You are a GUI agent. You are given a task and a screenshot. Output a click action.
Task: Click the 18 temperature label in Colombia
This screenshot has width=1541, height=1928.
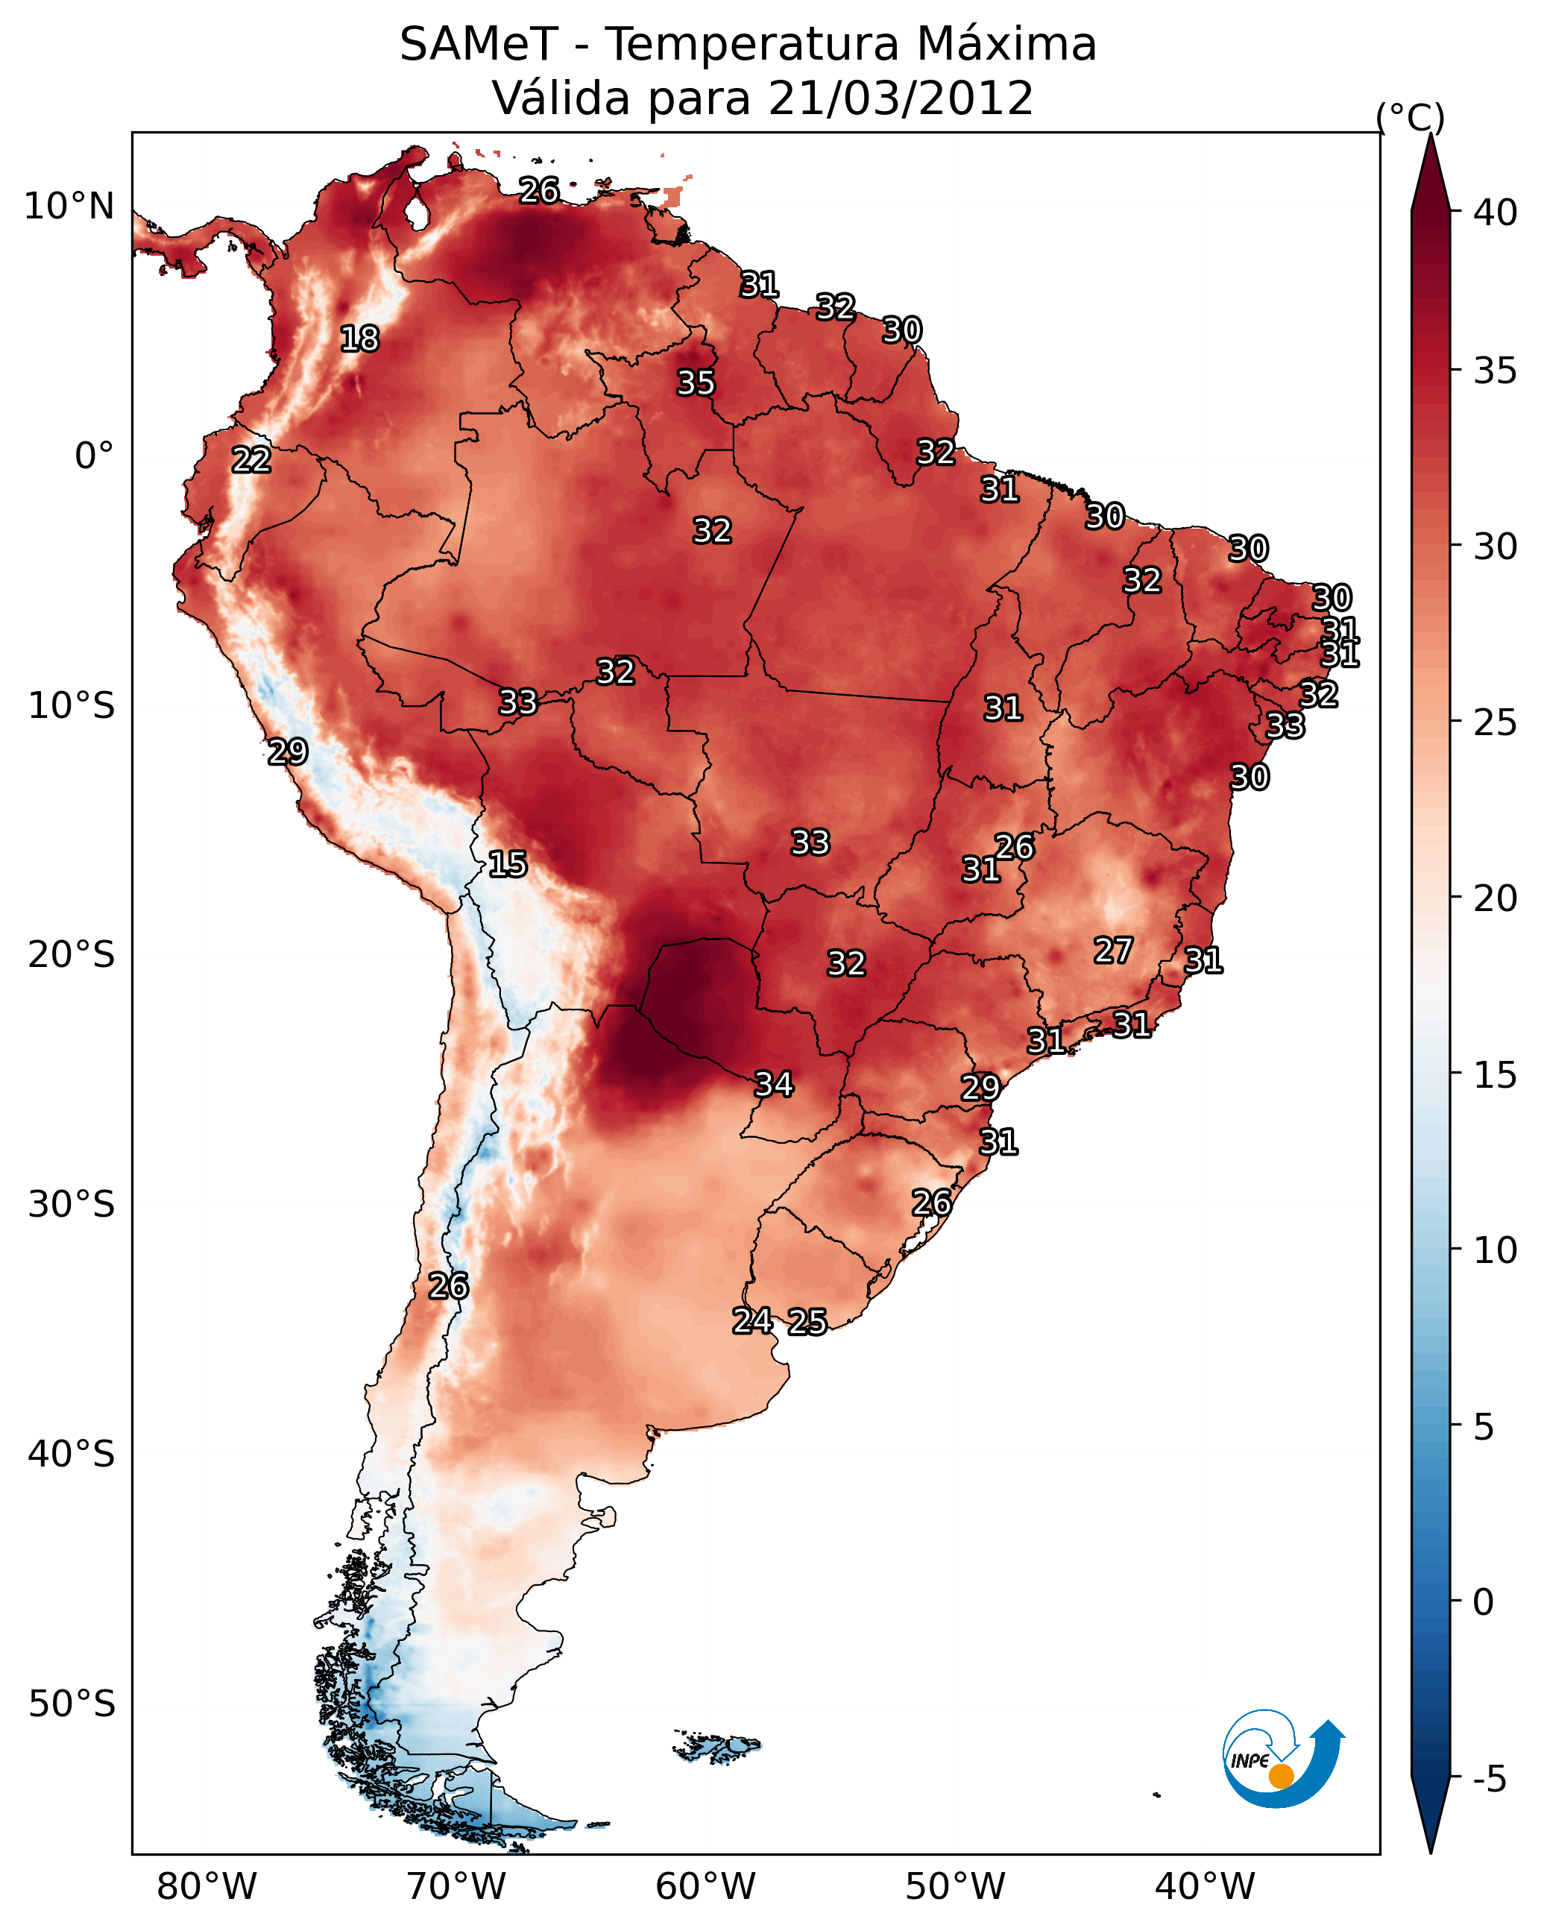pyautogui.click(x=359, y=339)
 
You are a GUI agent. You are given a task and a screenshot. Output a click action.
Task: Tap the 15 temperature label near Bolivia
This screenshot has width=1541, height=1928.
pyautogui.click(x=507, y=864)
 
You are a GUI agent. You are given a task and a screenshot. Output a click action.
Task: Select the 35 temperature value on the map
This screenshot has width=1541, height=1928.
pyautogui.click(x=696, y=382)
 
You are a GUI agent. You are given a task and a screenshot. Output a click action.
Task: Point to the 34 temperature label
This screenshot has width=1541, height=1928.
pyautogui.click(x=774, y=1084)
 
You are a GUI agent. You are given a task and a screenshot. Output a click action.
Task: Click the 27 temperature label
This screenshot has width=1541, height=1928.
pyautogui.click(x=1114, y=951)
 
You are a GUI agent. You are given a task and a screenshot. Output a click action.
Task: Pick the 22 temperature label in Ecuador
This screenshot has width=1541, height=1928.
pyautogui.click(x=251, y=460)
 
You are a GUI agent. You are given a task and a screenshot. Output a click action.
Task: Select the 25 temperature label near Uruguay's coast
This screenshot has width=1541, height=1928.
pyautogui.click(x=807, y=1322)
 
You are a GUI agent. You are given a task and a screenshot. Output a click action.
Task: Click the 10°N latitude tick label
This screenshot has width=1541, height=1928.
pyautogui.click(x=69, y=207)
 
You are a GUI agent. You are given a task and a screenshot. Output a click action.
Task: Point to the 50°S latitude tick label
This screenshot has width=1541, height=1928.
pyautogui.click(x=72, y=1704)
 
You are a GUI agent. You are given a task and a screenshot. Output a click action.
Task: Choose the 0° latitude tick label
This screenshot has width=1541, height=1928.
pyautogui.click(x=95, y=456)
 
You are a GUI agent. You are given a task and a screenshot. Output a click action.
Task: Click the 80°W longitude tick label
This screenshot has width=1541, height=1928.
pyautogui.click(x=207, y=1887)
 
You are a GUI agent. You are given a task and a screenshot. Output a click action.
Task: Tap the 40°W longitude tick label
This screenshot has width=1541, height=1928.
pyautogui.click(x=1205, y=1887)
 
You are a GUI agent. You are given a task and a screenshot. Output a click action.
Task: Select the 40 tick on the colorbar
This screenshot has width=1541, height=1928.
pyautogui.click(x=1496, y=212)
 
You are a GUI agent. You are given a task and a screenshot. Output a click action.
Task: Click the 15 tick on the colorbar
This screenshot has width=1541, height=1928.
pyautogui.click(x=1496, y=1075)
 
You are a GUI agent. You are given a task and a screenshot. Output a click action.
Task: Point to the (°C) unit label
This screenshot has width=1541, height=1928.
pyautogui.click(x=1411, y=118)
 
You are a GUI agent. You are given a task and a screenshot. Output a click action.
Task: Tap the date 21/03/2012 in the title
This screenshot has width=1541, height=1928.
pyautogui.click(x=901, y=98)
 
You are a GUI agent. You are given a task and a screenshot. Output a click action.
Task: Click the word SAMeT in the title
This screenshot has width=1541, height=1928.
pyautogui.click(x=479, y=45)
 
